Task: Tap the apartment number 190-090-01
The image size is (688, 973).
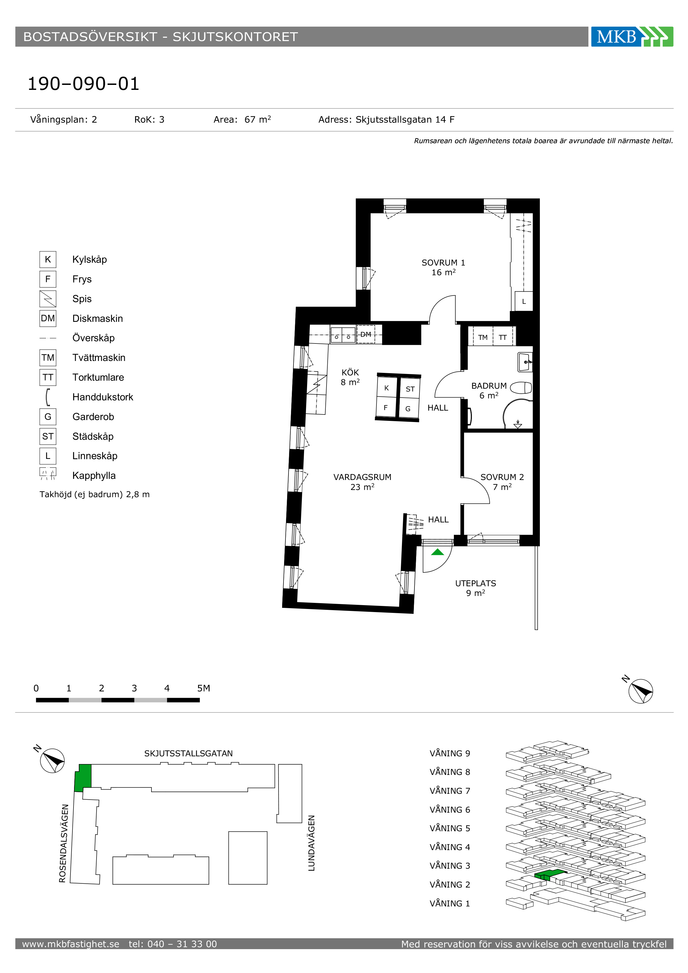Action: tap(84, 84)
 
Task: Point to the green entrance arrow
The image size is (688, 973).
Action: tap(437, 552)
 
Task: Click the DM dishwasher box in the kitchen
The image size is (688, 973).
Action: tap(366, 334)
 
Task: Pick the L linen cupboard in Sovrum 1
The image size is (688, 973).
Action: tap(523, 301)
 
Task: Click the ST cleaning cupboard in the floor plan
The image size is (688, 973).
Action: tap(410, 389)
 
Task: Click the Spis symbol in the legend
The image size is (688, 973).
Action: tap(48, 299)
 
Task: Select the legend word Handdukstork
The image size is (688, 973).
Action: tap(103, 397)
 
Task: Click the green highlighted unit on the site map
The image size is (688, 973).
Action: tap(83, 778)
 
